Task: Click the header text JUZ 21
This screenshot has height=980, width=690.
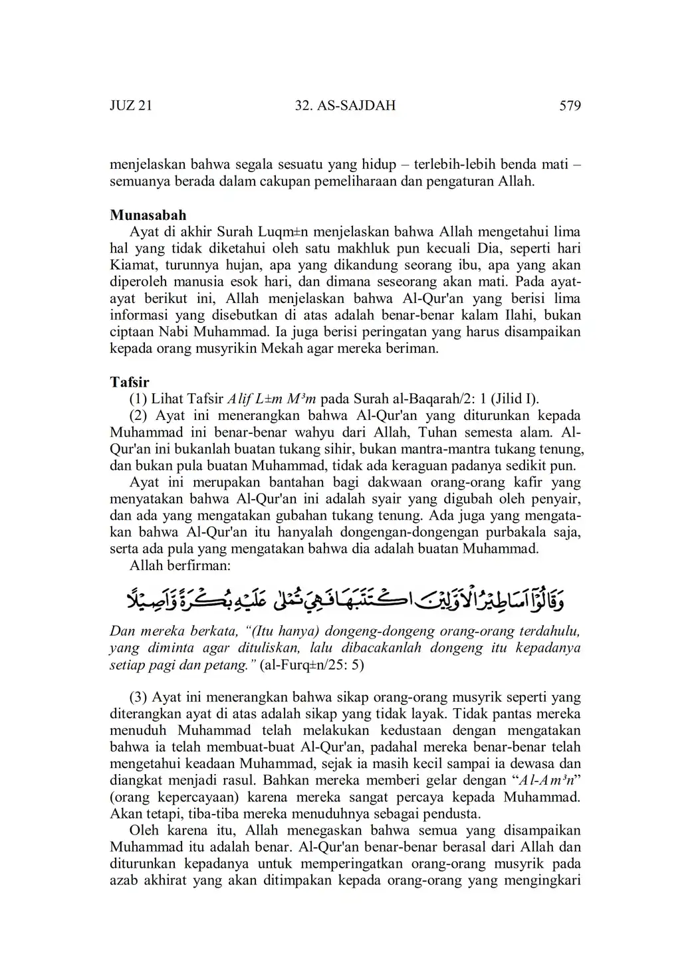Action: [x=130, y=106]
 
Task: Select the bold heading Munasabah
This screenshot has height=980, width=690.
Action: [x=148, y=215]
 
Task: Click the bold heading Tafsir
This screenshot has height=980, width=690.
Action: [x=130, y=382]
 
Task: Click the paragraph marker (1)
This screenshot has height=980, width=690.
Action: [x=138, y=399]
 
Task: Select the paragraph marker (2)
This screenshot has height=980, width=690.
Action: [x=138, y=416]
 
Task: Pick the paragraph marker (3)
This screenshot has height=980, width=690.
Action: [x=138, y=698]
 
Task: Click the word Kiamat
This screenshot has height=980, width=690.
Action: [x=132, y=265]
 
